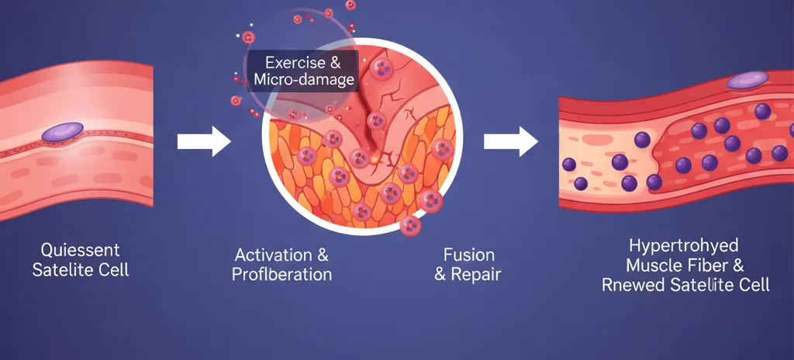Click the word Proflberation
(281, 274)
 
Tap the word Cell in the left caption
(113, 271)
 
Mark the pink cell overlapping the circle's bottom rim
(410, 226)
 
